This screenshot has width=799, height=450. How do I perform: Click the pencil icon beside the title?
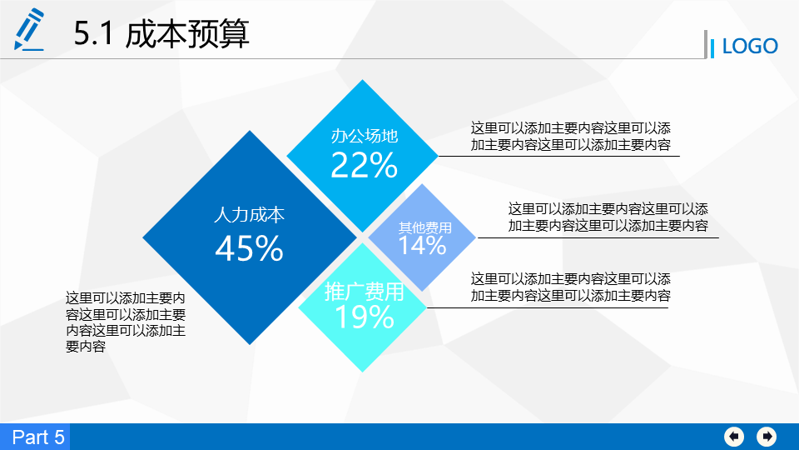click(x=29, y=30)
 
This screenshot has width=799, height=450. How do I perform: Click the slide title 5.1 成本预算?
click(x=161, y=33)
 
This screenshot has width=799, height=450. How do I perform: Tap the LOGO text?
click(x=750, y=47)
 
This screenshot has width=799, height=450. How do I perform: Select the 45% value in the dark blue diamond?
click(x=249, y=248)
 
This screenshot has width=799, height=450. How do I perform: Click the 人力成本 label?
click(x=249, y=215)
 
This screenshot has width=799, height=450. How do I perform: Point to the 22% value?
click(x=364, y=165)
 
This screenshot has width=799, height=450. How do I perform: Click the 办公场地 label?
click(x=365, y=136)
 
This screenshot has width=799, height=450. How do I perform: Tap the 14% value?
click(x=422, y=245)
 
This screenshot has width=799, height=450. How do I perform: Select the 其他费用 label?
click(x=425, y=227)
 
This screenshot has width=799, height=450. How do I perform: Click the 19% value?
click(x=365, y=317)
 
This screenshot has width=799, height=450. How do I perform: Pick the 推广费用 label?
click(x=364, y=292)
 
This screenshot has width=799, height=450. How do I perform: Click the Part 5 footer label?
click(x=38, y=437)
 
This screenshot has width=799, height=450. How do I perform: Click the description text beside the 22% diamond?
click(x=570, y=136)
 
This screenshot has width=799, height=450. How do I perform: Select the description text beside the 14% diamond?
click(x=608, y=217)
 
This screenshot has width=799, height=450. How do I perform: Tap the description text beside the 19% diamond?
click(x=570, y=287)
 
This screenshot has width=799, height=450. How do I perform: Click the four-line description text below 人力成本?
click(x=126, y=322)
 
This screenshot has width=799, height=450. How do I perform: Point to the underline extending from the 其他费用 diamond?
click(x=598, y=237)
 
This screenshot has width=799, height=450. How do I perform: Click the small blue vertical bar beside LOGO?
click(x=712, y=48)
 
